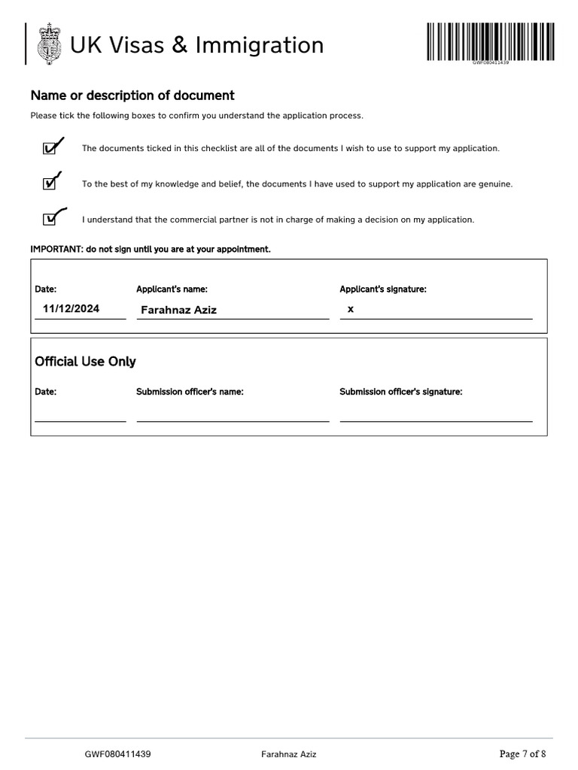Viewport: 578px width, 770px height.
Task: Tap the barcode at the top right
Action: pos(491,42)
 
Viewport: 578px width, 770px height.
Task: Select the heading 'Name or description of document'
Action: pos(132,95)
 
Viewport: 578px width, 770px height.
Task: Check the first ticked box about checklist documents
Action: pos(50,148)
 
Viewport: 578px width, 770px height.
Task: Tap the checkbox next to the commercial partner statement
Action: pos(50,219)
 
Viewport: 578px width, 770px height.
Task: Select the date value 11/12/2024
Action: pos(71,309)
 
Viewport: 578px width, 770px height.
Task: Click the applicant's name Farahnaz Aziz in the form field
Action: pos(178,310)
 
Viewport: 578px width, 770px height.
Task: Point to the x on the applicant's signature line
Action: pos(351,309)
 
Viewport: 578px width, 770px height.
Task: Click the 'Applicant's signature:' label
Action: pos(383,290)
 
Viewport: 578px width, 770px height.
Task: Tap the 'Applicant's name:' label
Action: pos(172,290)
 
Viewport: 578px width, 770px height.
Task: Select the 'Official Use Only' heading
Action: pos(85,362)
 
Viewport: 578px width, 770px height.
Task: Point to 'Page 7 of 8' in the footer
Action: pos(522,754)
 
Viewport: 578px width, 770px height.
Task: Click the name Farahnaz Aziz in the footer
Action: pos(289,754)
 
